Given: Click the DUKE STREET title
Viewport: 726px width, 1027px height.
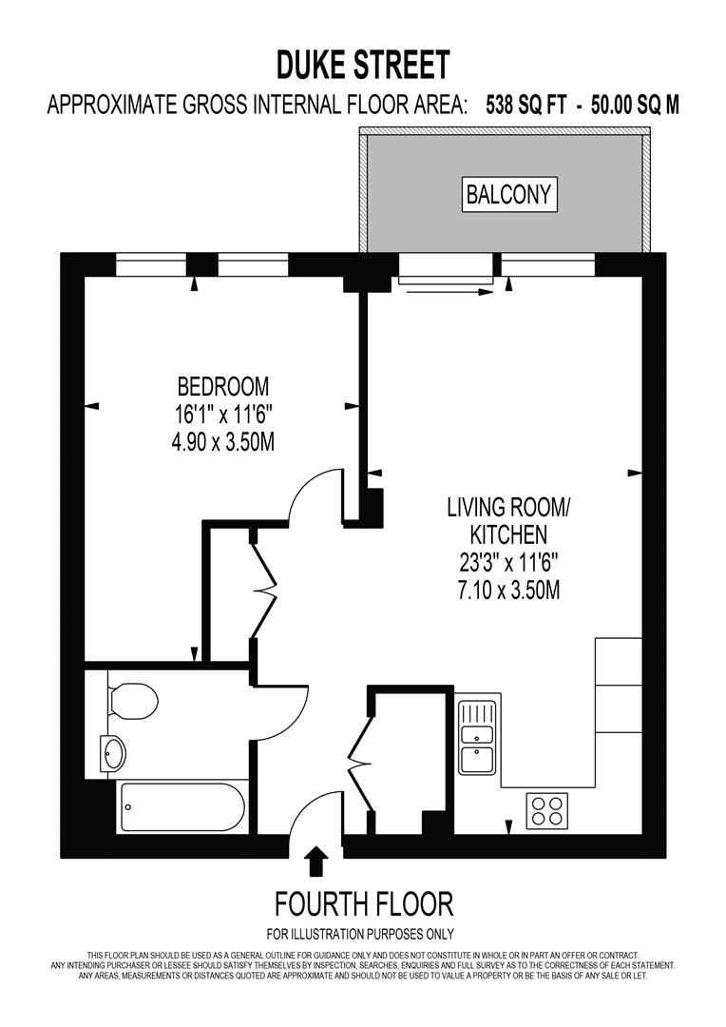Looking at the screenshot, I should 363,65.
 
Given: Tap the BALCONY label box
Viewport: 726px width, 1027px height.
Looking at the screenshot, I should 508,195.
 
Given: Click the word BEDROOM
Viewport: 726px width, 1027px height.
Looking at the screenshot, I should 223,387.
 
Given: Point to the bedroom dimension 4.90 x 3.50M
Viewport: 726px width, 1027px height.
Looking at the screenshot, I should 223,442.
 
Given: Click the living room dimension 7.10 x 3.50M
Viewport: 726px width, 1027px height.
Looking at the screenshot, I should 508,590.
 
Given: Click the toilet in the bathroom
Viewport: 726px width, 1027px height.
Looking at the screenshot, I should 132,701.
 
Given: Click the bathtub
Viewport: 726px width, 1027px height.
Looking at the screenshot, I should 182,807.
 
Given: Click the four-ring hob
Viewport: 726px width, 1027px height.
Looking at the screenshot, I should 547,811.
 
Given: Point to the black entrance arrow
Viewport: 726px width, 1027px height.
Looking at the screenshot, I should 316,862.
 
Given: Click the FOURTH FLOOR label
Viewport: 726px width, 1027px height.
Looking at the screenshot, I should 363,902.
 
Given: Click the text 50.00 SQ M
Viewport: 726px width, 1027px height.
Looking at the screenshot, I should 635,105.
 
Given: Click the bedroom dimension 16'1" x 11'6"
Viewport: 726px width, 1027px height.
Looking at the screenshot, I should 223,415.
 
